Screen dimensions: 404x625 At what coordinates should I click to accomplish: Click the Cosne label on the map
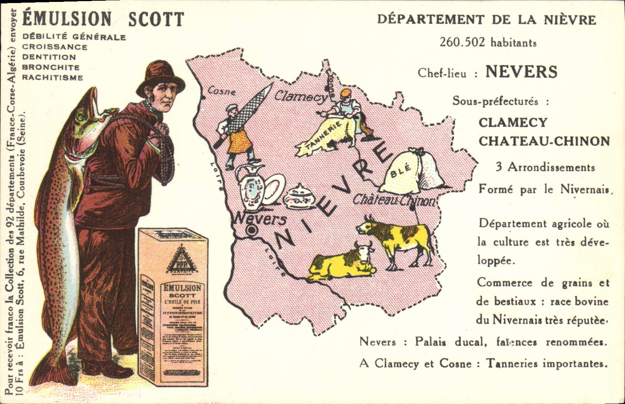pos(222,91)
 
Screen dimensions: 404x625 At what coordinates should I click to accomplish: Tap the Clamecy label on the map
pos(301,97)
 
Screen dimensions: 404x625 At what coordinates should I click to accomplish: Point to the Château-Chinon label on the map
pos(394,200)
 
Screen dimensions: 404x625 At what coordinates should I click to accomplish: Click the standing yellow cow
pos(398,239)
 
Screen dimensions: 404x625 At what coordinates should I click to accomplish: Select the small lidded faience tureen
pos(298,197)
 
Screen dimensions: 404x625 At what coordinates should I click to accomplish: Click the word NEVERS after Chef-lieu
pos(521,72)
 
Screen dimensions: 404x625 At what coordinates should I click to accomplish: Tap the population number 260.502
pos(462,42)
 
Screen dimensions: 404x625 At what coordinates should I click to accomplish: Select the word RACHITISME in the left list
pos(53,78)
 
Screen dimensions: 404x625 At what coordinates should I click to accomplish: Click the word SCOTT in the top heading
pos(156,19)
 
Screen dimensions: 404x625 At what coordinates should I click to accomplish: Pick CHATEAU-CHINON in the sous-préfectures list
pos(544,141)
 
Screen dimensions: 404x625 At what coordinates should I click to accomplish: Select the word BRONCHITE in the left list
pos(51,67)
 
